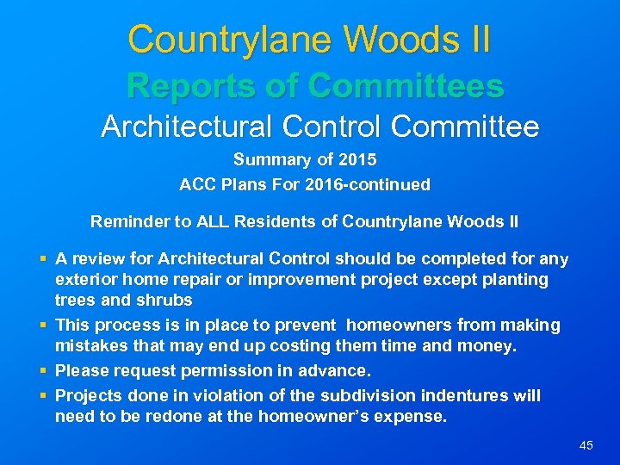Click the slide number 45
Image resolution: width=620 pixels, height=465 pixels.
[x=586, y=445]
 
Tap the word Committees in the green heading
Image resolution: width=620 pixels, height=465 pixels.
[x=405, y=85]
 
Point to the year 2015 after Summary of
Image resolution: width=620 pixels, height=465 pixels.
[x=358, y=160]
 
